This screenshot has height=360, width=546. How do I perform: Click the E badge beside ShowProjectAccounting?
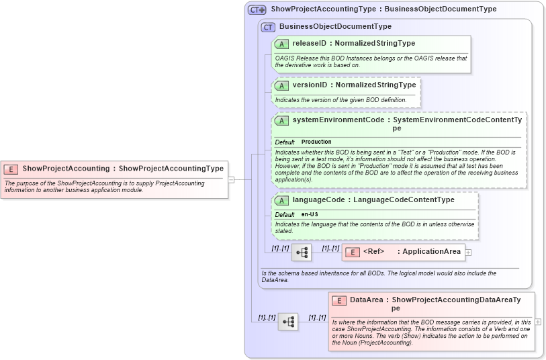coord(11,169)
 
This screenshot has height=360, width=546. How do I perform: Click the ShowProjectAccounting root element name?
coord(66,169)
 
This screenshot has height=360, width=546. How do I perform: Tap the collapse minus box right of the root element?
coord(231,179)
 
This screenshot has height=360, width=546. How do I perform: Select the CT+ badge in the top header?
coord(257,9)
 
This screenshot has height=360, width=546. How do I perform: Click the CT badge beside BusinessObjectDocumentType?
coord(268,27)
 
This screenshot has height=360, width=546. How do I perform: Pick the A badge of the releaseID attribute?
coord(281,44)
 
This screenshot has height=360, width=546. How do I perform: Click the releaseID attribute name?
coord(312,44)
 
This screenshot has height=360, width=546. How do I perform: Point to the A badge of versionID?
coord(281,85)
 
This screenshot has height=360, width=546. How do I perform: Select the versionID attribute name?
coord(312,85)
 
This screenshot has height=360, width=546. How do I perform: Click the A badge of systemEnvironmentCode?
coord(281,120)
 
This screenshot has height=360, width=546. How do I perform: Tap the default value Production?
coord(316,142)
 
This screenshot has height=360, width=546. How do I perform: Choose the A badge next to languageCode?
coord(281,200)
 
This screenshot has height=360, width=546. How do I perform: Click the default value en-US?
coord(310,214)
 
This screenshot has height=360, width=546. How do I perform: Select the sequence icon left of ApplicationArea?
coord(302,253)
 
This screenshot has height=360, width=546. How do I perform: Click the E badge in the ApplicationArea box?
coord(353,252)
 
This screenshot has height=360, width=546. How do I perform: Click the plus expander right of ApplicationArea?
coord(468,253)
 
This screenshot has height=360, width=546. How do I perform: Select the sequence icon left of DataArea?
coord(288,322)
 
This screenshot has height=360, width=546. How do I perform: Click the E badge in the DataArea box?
coord(339,300)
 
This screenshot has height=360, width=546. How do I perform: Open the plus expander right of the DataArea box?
coord(538,322)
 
